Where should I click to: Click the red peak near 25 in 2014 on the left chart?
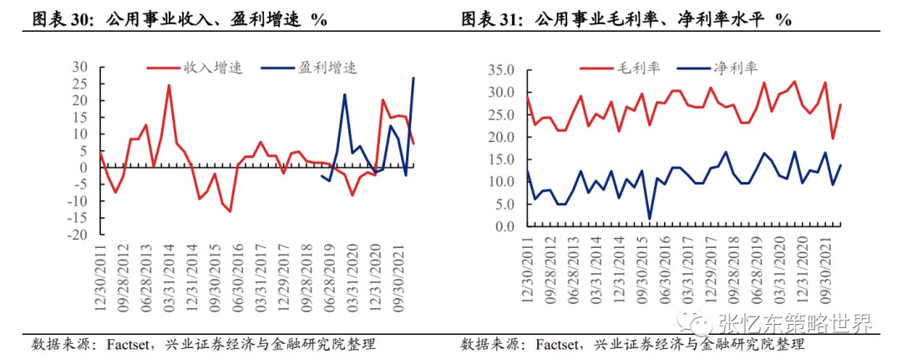169,84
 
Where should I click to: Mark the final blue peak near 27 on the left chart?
413,78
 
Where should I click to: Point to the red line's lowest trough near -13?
230,211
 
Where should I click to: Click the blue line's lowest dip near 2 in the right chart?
649,219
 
